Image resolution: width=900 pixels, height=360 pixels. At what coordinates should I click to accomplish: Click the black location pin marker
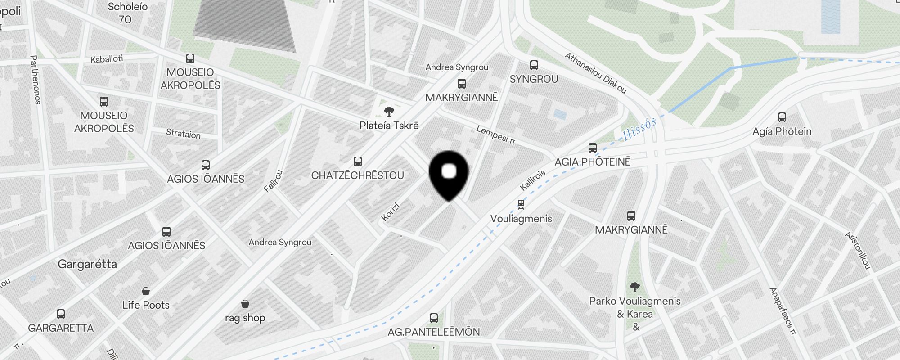(x=449, y=174)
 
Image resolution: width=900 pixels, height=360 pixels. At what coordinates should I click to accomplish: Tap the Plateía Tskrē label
(x=389, y=126)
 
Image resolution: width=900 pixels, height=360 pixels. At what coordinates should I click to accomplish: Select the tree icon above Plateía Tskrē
(x=389, y=111)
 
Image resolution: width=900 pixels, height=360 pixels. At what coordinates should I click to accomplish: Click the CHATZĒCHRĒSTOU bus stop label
(x=358, y=175)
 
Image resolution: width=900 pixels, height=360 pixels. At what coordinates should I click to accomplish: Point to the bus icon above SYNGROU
(x=534, y=65)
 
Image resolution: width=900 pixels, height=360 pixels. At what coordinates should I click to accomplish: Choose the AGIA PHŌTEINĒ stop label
(x=593, y=162)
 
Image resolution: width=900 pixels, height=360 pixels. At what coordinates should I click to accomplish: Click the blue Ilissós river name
(x=640, y=130)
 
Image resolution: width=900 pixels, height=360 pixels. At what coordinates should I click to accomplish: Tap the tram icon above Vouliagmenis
(x=521, y=205)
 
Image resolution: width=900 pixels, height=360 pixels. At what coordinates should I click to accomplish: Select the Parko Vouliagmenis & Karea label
(x=635, y=307)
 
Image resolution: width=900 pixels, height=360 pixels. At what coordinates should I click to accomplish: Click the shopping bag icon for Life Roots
(x=146, y=291)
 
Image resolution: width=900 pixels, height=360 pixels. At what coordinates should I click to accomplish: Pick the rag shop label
(x=245, y=318)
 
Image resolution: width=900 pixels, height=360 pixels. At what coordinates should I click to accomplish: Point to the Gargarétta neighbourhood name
(x=87, y=264)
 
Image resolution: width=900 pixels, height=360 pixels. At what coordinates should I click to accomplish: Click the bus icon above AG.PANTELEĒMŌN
(x=434, y=318)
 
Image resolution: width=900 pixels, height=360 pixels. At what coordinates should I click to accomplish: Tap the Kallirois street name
(x=533, y=180)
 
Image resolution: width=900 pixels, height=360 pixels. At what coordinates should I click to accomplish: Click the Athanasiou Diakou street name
(x=595, y=73)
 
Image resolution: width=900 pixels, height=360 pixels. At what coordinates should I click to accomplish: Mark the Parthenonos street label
(x=36, y=80)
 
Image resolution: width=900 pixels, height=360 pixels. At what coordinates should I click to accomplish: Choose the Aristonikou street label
(x=858, y=251)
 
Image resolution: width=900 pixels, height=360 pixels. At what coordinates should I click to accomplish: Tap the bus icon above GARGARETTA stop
(x=61, y=314)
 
